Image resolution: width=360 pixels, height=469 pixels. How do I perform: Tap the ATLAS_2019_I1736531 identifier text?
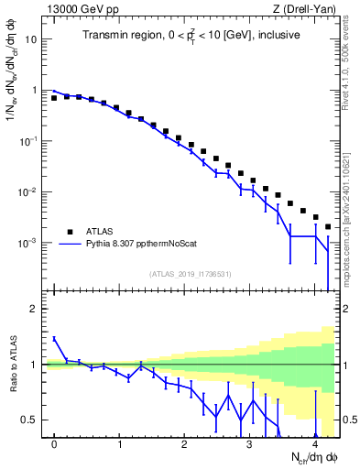pos(191,273)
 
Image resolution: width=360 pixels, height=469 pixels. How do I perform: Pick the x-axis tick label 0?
pos(55,442)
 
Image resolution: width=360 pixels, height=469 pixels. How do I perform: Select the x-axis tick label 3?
pos(249,442)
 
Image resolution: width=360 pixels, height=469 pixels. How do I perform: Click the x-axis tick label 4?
pos(314,442)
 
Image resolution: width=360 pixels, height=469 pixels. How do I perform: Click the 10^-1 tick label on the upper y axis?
pos(29,141)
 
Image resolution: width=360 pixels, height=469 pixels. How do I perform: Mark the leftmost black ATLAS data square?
pos(55,97)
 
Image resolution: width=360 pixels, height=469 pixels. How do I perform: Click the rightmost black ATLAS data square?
pos(327,226)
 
